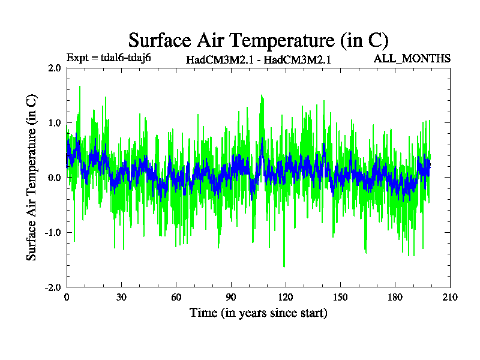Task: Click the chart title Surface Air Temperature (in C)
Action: click(x=258, y=40)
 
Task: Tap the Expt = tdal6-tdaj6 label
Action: click(x=108, y=58)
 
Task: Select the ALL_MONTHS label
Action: click(x=412, y=58)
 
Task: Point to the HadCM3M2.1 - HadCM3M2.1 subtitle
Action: click(x=259, y=59)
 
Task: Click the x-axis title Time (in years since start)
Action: click(x=258, y=313)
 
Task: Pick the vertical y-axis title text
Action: click(x=32, y=178)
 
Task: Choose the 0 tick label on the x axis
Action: click(x=66, y=298)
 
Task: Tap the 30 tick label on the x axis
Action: click(x=121, y=298)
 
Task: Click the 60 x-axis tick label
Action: click(x=176, y=298)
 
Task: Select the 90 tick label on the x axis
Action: click(x=230, y=298)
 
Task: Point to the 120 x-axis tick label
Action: click(x=286, y=298)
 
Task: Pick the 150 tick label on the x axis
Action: click(x=340, y=298)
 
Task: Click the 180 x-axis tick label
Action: click(x=395, y=298)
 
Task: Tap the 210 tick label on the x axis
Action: click(x=450, y=298)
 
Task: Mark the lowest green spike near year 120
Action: click(x=284, y=266)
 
